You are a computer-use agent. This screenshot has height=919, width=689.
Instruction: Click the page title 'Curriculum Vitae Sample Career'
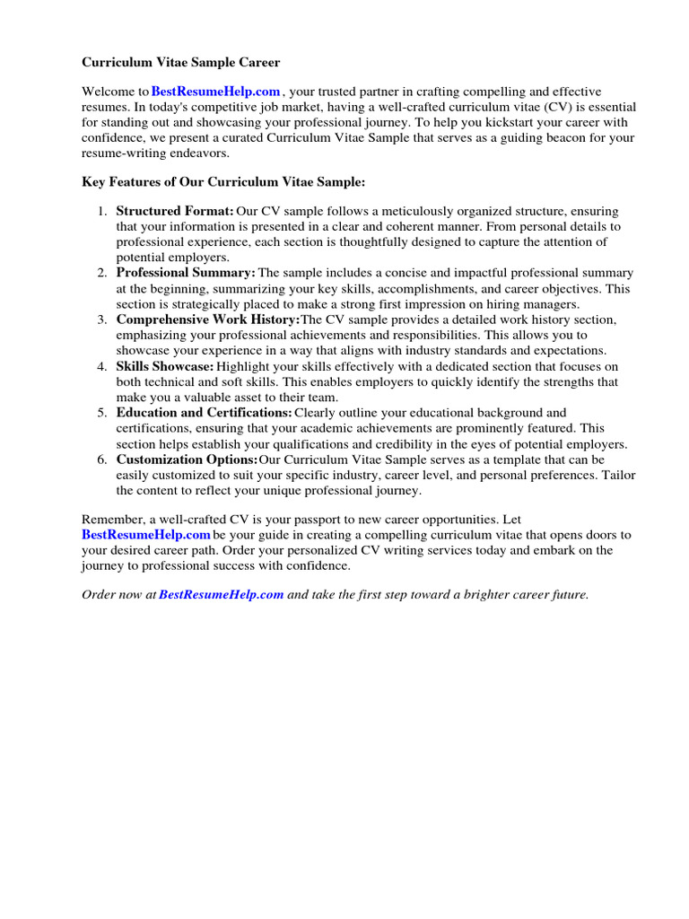[181, 63]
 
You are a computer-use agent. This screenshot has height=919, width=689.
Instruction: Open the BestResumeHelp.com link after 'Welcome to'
[216, 92]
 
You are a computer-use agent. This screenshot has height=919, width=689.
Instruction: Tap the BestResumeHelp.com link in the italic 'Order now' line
[222, 595]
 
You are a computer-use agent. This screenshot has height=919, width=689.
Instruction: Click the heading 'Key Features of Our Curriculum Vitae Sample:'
[223, 181]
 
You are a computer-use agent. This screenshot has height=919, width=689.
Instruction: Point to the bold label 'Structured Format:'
[175, 212]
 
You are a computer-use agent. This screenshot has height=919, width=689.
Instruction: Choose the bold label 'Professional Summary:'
[186, 273]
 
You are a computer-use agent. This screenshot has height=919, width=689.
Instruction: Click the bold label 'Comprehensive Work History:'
[208, 319]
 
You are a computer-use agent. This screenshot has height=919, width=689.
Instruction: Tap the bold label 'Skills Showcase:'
[165, 366]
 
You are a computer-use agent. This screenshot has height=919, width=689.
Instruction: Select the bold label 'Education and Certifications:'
[204, 413]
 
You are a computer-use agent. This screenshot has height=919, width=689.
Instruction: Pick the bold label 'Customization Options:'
[187, 459]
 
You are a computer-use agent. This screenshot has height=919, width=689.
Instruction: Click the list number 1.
[101, 212]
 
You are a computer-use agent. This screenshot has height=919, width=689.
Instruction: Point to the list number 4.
[101, 366]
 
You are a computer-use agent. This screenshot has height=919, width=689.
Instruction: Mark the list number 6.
[101, 459]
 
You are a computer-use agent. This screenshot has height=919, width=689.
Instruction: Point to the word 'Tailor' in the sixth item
[619, 475]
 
